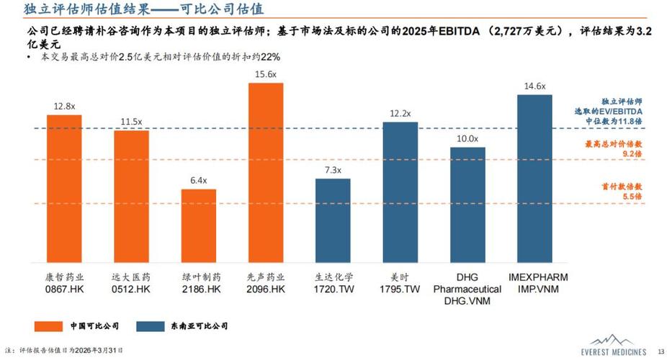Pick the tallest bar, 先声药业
coord(266,172)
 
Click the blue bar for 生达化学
coord(333,220)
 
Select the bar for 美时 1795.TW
coord(400,192)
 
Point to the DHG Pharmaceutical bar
coord(467,204)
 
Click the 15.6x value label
coord(266,74)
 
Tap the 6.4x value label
coord(198,180)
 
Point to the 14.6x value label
coord(534,86)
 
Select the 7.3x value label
coord(333,170)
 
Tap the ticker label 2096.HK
coord(266,289)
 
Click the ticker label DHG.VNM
coord(467,301)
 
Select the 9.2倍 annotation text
coord(632,154)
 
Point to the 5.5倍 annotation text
coord(632,196)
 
